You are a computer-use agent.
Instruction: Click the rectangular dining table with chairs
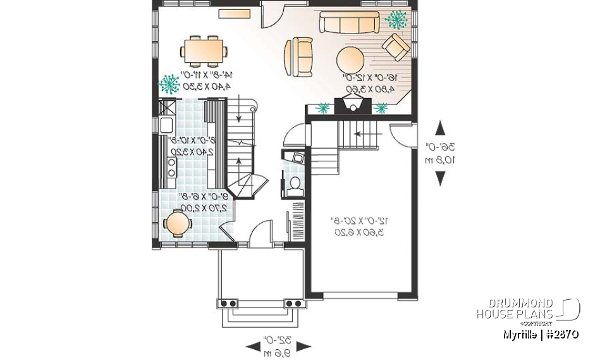(x=204, y=50)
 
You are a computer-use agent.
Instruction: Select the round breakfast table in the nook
(x=177, y=223)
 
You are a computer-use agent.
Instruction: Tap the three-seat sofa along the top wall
(x=348, y=23)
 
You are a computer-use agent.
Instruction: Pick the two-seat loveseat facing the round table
(x=298, y=56)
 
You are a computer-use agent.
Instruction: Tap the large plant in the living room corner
(x=397, y=20)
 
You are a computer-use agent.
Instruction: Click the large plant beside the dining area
(x=169, y=83)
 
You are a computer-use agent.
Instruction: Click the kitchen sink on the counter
(x=166, y=125)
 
